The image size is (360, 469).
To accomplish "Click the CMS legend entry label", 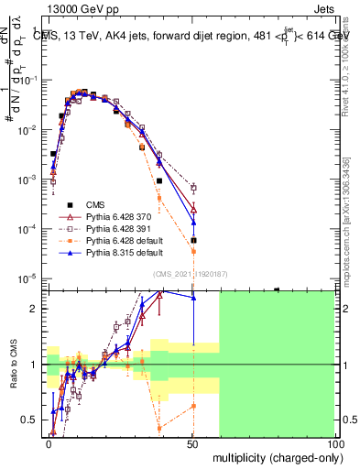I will (x=97, y=204).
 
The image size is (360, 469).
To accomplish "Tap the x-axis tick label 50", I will (x=192, y=443).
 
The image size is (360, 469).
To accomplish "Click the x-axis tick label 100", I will (x=334, y=443).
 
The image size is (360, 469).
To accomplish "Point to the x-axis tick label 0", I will (x=49, y=443).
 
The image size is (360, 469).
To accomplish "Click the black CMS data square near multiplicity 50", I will (x=193, y=240).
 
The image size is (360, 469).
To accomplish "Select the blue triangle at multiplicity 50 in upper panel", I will (x=193, y=222).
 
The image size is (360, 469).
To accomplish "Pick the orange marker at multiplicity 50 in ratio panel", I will (x=193, y=405).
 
